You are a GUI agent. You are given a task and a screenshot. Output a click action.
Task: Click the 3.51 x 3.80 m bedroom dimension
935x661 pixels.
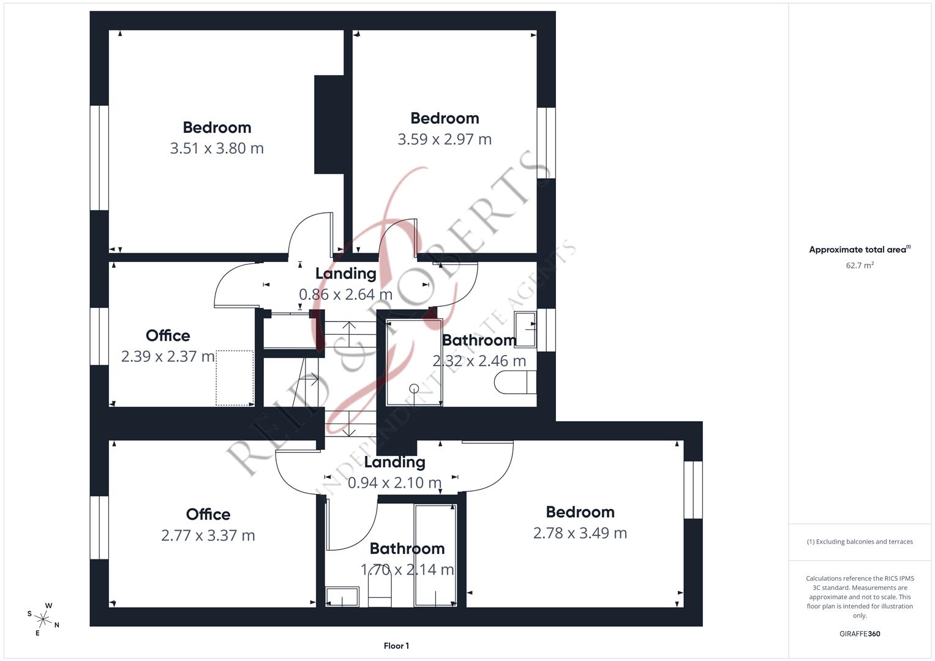(x=217, y=148)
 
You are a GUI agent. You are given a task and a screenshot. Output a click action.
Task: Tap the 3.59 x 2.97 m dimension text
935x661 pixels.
(x=445, y=139)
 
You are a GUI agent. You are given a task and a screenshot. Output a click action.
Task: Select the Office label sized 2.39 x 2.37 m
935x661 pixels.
(x=168, y=335)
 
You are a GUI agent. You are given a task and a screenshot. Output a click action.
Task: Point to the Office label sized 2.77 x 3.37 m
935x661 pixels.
(x=208, y=514)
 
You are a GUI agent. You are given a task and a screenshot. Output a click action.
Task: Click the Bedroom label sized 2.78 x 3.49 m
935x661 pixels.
(x=580, y=512)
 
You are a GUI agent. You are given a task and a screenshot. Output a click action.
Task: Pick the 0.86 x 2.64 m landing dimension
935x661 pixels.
(x=345, y=294)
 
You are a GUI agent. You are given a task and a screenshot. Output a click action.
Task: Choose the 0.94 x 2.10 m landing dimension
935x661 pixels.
(x=394, y=482)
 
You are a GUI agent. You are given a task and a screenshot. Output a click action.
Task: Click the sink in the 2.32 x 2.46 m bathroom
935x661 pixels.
(x=525, y=330)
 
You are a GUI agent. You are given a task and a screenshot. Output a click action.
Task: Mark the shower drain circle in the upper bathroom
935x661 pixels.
(x=414, y=388)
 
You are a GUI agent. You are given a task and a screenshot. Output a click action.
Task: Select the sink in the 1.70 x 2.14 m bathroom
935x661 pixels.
(x=342, y=597)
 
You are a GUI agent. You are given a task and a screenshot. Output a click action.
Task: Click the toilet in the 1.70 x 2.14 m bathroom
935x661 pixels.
(x=380, y=594)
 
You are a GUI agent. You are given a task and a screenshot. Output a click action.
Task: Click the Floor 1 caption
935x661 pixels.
(x=396, y=646)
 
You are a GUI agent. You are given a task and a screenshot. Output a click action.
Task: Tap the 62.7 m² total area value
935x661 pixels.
(x=860, y=265)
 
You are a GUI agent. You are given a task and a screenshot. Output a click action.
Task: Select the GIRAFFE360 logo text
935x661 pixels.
(x=860, y=633)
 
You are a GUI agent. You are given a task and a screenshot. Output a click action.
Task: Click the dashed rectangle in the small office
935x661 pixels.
(x=235, y=378)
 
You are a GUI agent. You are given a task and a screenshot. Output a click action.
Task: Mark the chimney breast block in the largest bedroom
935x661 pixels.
(x=329, y=124)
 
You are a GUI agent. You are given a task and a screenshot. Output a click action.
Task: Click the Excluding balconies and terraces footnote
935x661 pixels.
(x=860, y=542)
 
